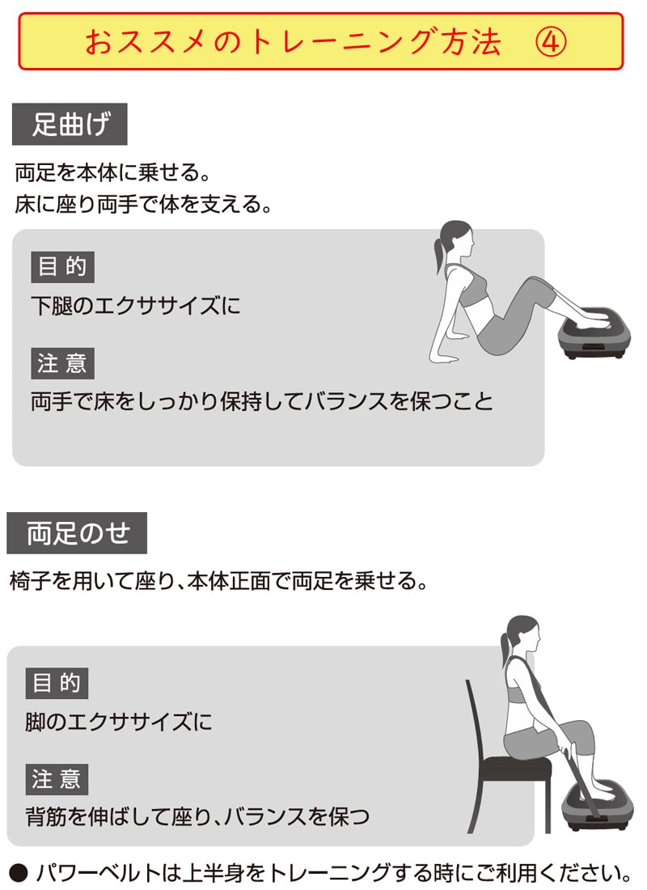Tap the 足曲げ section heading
point(70,124)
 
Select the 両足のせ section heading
point(77,533)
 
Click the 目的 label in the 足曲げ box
point(62,267)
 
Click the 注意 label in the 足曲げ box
point(62,363)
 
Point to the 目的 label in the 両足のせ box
point(57,683)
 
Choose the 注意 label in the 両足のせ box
point(57,779)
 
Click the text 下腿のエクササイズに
point(136,306)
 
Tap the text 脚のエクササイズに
point(119,722)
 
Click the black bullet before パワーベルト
point(19,872)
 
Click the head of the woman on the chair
point(520,636)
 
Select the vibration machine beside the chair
point(598,805)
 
